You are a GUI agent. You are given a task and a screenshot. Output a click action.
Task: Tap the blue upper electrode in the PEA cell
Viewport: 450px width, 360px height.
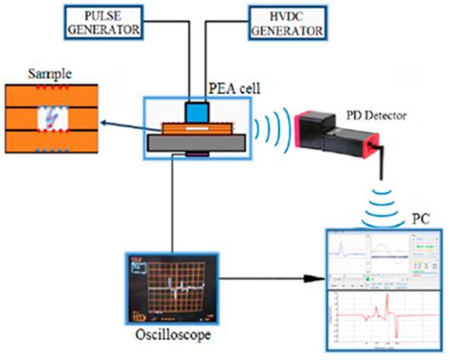(196, 110)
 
